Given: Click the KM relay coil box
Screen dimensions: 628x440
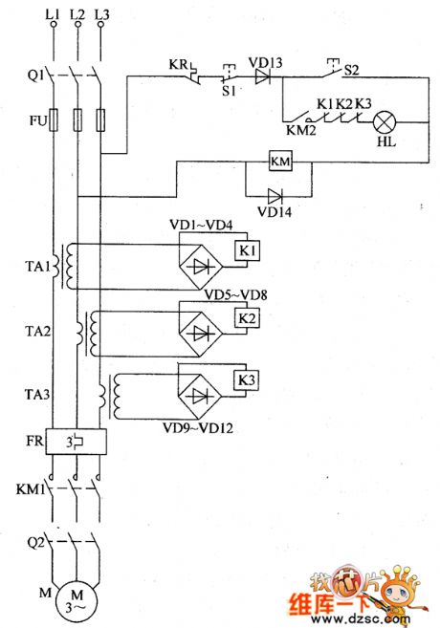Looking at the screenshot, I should pyautogui.click(x=280, y=162).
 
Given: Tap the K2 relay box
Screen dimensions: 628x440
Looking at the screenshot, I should pyautogui.click(x=247, y=317).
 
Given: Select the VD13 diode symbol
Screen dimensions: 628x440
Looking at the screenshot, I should pyautogui.click(x=261, y=79).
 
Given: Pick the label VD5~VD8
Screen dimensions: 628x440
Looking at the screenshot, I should pyautogui.click(x=235, y=295).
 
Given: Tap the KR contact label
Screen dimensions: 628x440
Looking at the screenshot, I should pyautogui.click(x=177, y=65).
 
